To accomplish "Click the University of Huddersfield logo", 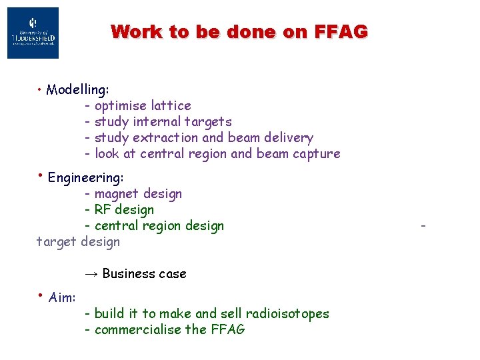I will click(x=33, y=33).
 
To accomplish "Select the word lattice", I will click(x=171, y=105).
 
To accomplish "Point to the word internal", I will click(x=156, y=121).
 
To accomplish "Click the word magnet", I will click(x=116, y=194).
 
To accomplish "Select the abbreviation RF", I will click(x=105, y=209).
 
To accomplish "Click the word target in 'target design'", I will click(x=56, y=241).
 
